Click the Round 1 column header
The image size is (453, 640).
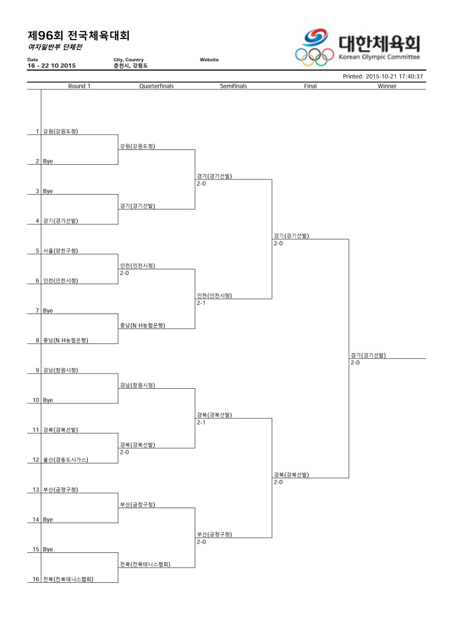79,86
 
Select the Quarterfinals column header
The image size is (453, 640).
156,86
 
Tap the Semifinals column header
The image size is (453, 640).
233,86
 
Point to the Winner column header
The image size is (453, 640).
387,86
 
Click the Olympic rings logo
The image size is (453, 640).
314,57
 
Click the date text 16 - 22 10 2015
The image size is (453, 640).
52,66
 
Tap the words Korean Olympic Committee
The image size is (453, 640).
379,57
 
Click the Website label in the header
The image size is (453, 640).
209,59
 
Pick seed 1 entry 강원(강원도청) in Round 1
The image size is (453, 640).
61,131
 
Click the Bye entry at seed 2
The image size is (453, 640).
48,161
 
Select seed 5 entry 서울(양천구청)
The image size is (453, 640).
61,251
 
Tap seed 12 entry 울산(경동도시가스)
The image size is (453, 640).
65,460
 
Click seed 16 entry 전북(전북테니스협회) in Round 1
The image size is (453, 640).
68,579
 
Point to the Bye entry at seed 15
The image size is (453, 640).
48,549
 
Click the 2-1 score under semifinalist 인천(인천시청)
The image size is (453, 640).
201,303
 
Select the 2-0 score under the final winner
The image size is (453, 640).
355,363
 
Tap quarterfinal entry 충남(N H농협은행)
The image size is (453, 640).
143,325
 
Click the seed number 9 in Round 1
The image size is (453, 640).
37,370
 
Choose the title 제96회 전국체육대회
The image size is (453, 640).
79,36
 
